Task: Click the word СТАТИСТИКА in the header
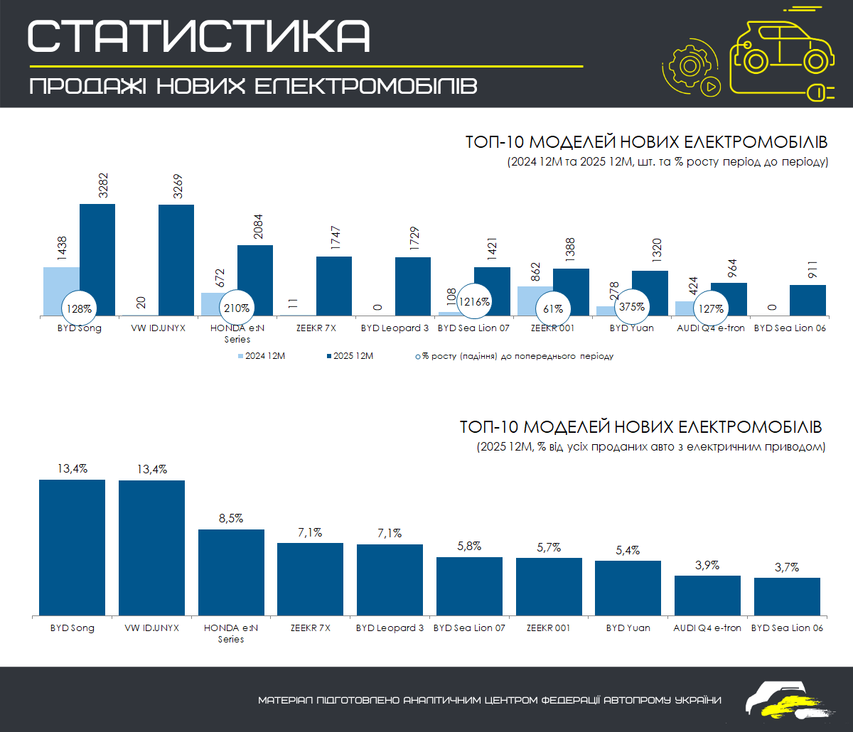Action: [x=199, y=36]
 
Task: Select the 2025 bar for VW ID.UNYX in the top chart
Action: [x=176, y=259]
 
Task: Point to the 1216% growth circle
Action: [x=475, y=301]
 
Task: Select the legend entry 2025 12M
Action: [x=348, y=356]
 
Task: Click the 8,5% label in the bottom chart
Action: [x=231, y=518]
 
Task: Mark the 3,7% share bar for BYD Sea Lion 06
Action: [x=787, y=596]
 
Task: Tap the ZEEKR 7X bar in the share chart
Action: [x=310, y=578]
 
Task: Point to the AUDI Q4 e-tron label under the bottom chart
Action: [x=707, y=628]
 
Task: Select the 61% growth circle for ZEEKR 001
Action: [x=553, y=309]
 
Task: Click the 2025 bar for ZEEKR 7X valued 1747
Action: [x=334, y=286]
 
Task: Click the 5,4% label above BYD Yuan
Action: [x=628, y=550]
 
